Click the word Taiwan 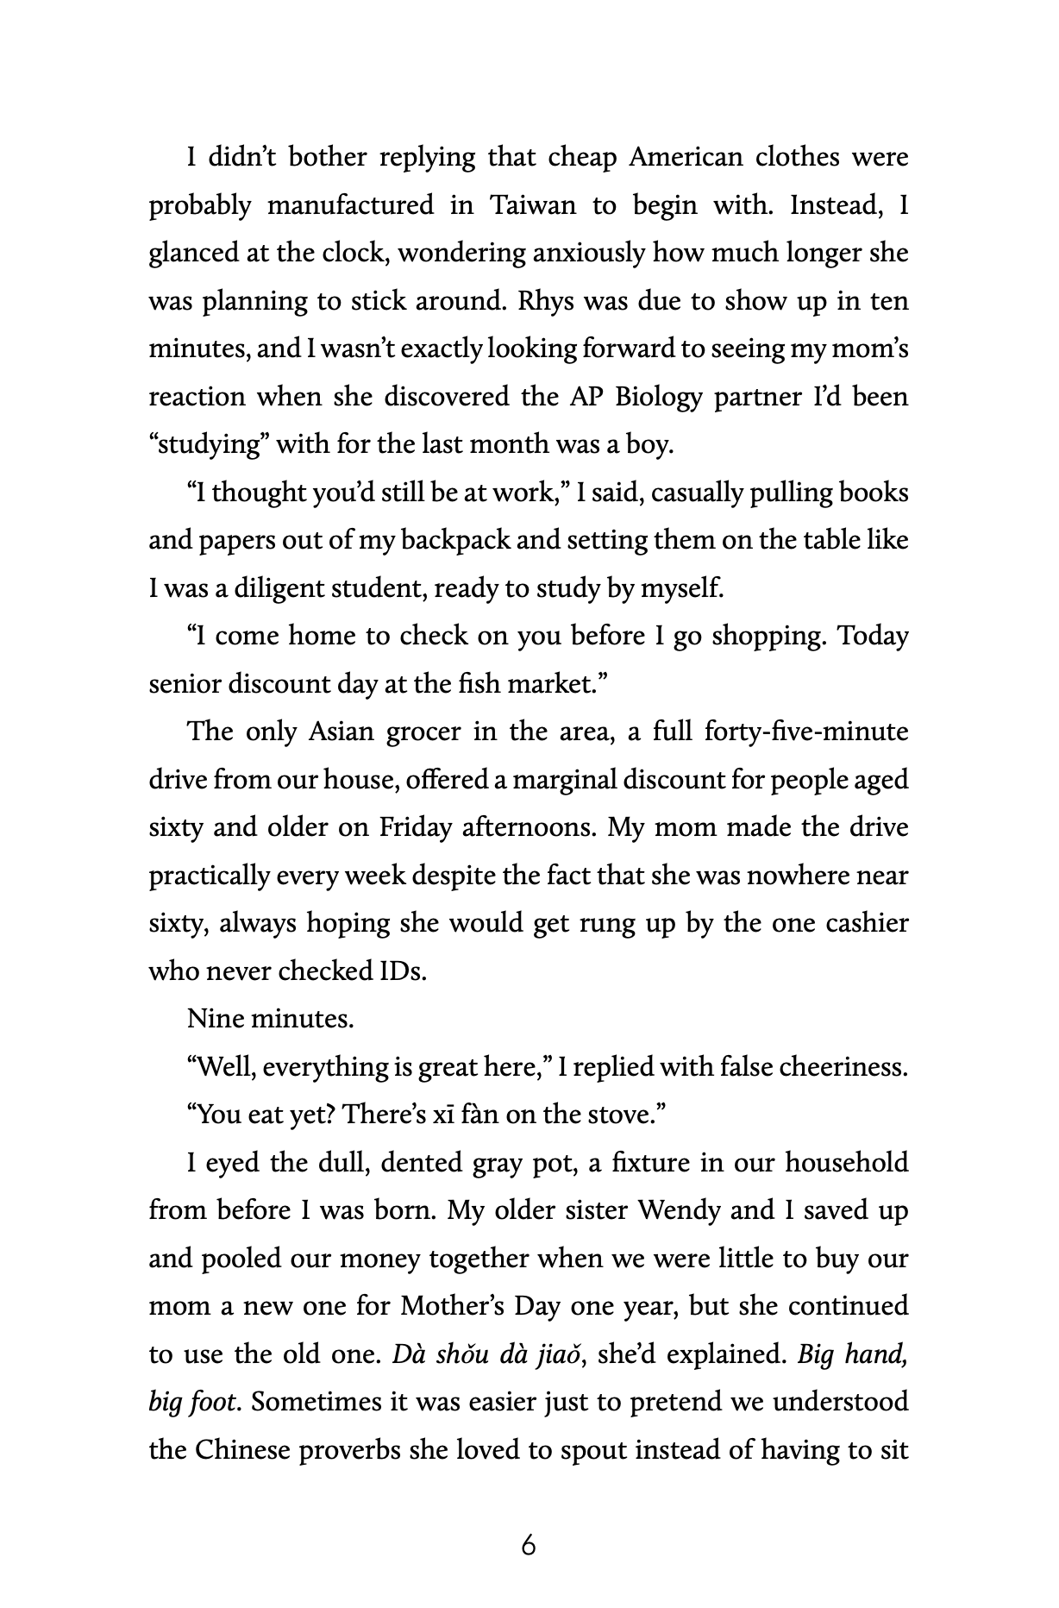532,206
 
